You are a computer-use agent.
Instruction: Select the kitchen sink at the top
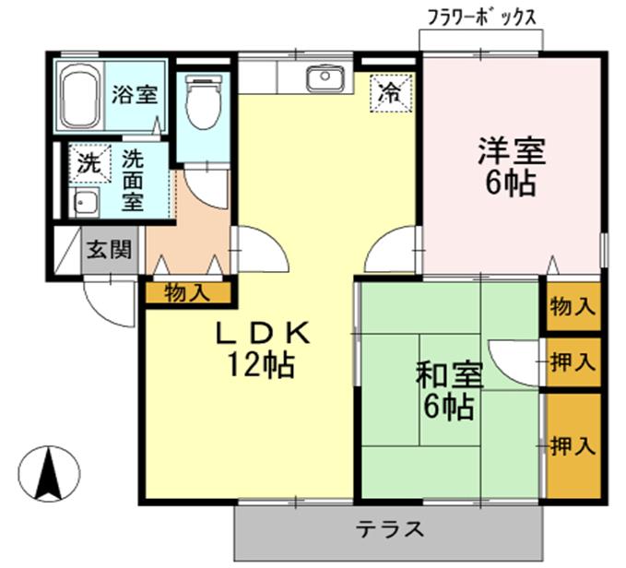click(323, 79)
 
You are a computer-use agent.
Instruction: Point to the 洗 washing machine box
click(89, 165)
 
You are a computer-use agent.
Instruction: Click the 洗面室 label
click(133, 180)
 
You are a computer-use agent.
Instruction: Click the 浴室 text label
click(135, 94)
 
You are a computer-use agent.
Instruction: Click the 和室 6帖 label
click(450, 389)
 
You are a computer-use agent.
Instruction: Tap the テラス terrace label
click(390, 530)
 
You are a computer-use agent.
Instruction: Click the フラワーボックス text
click(481, 17)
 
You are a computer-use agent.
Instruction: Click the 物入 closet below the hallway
click(186, 293)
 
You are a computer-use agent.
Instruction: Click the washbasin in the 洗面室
click(88, 204)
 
